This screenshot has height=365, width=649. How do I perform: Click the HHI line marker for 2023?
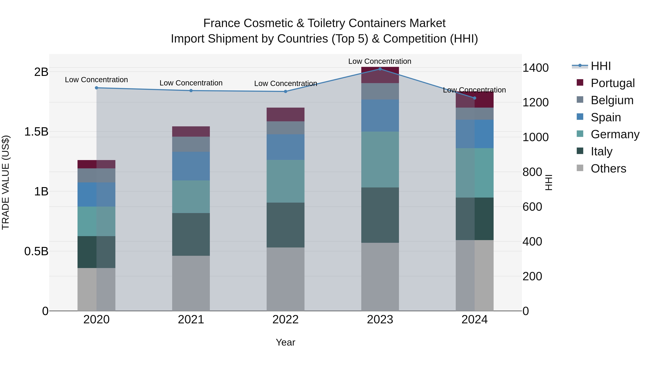click(380, 69)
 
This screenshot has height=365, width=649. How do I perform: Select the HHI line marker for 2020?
click(96, 88)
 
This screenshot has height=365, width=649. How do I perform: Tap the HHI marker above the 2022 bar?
click(285, 91)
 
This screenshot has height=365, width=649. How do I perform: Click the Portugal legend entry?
click(612, 83)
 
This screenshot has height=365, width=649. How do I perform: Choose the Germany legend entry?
click(615, 134)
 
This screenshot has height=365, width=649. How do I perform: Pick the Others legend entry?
click(608, 169)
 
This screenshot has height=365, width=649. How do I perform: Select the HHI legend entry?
click(601, 66)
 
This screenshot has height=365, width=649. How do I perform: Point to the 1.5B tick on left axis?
click(36, 132)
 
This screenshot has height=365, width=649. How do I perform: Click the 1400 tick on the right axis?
click(535, 68)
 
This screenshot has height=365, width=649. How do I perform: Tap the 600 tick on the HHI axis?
click(532, 207)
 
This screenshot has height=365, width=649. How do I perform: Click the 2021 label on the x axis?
click(191, 320)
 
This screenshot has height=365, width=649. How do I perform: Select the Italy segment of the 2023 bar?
click(380, 215)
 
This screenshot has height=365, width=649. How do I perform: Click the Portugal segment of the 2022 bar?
click(285, 114)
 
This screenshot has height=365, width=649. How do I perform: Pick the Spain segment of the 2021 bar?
click(191, 166)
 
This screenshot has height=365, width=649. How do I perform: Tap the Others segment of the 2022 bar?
click(285, 279)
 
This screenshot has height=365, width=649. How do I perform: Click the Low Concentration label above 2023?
click(380, 61)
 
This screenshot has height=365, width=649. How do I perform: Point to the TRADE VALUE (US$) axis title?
click(6, 182)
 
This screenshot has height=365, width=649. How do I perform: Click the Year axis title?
click(285, 342)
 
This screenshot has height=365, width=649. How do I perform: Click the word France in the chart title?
click(222, 23)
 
